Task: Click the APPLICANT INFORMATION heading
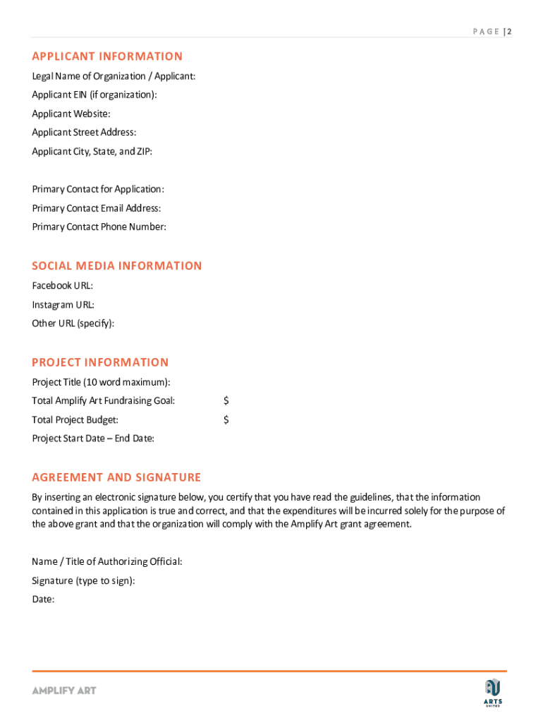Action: click(107, 56)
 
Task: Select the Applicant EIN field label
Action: click(94, 95)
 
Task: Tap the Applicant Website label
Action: click(71, 114)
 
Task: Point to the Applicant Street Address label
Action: click(84, 133)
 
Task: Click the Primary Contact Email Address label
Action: click(97, 208)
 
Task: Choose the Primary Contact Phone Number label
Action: click(99, 227)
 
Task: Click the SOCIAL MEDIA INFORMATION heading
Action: click(117, 265)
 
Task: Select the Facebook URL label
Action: click(63, 286)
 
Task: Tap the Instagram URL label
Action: click(63, 305)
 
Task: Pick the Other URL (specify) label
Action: click(73, 323)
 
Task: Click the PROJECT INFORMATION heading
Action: click(100, 362)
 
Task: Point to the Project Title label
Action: click(101, 382)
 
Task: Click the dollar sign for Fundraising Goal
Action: click(226, 401)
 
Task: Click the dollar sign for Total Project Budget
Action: click(226, 420)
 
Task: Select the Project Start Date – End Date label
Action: click(93, 438)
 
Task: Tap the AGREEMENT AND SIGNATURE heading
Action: click(116, 477)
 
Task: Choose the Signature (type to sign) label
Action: click(83, 580)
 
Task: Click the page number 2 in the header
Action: click(508, 32)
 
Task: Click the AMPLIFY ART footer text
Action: click(63, 690)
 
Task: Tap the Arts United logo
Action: click(493, 691)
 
